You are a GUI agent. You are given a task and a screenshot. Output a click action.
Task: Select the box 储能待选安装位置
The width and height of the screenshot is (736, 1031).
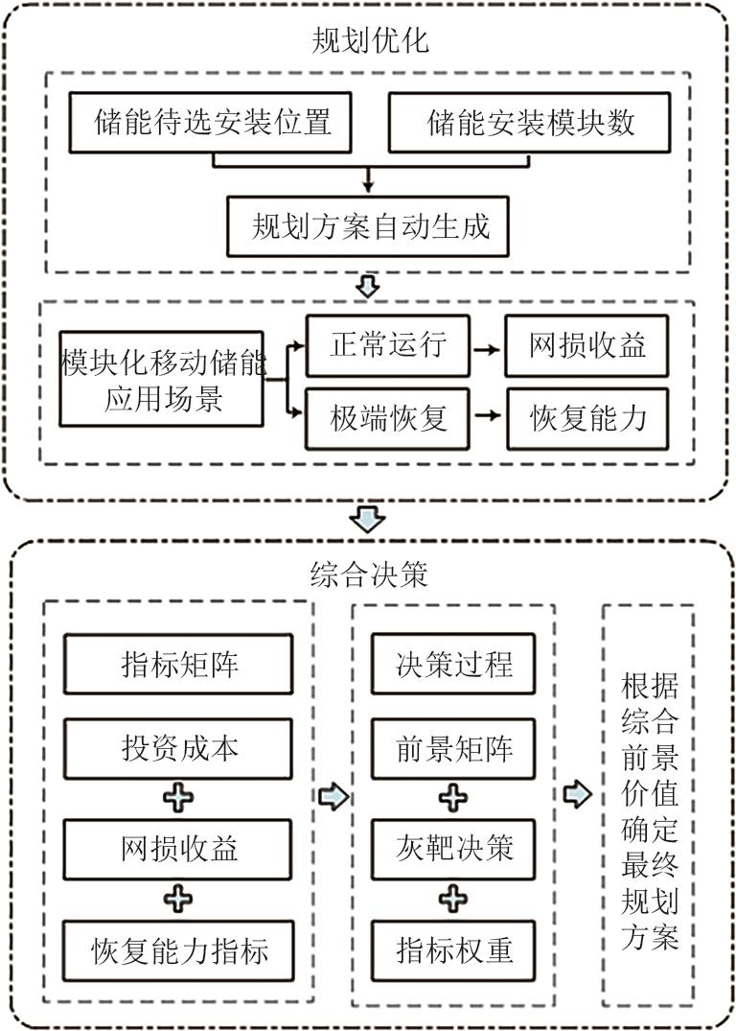(x=213, y=123)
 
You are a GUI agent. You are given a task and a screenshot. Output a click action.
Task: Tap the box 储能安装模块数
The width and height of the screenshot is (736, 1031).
(x=530, y=123)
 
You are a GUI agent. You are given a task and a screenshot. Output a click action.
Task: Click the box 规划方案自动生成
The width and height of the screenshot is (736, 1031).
(x=370, y=225)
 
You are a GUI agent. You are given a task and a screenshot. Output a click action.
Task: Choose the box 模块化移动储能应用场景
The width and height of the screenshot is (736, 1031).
(x=162, y=379)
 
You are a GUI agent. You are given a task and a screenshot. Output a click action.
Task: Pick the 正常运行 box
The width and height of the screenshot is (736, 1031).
(x=388, y=345)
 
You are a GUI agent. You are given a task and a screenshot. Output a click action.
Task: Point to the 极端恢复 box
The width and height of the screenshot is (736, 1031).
(x=388, y=417)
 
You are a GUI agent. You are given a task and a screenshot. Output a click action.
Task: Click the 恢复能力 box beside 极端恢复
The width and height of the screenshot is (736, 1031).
(x=587, y=417)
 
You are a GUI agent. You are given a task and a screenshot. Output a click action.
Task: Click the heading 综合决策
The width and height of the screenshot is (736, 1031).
(x=369, y=574)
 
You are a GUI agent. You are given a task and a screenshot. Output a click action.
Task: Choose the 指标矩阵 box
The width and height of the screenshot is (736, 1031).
(x=177, y=665)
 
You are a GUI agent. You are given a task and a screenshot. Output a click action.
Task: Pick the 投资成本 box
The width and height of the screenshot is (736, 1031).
(x=177, y=748)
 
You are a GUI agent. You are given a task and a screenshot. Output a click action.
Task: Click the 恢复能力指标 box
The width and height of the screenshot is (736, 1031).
(x=179, y=950)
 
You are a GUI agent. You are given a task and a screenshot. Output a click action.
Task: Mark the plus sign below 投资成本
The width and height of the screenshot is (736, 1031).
(x=179, y=798)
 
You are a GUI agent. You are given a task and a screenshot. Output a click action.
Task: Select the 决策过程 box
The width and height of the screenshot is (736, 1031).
(x=454, y=665)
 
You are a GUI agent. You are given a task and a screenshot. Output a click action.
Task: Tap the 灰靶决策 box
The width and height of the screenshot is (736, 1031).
(x=454, y=848)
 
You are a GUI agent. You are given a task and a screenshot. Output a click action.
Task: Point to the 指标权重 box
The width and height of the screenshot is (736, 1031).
(x=454, y=949)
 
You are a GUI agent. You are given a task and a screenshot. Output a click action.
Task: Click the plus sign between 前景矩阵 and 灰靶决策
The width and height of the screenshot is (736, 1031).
(x=454, y=798)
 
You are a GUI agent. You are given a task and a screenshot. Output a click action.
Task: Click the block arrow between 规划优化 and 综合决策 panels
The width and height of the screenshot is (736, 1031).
(x=368, y=519)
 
